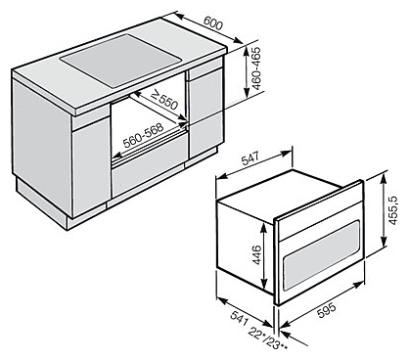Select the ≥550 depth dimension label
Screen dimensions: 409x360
(x=164, y=100)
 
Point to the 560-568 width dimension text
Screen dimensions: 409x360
(x=143, y=136)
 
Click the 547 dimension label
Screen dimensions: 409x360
(x=250, y=158)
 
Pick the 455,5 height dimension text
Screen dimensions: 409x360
(x=393, y=209)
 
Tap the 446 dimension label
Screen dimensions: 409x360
(x=256, y=255)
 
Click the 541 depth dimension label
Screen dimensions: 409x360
(x=238, y=318)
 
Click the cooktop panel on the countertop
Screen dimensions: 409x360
(x=121, y=61)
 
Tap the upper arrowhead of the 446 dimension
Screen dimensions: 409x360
(x=264, y=226)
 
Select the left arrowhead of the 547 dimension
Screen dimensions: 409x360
(x=220, y=176)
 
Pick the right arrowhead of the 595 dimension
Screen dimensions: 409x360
(x=359, y=284)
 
